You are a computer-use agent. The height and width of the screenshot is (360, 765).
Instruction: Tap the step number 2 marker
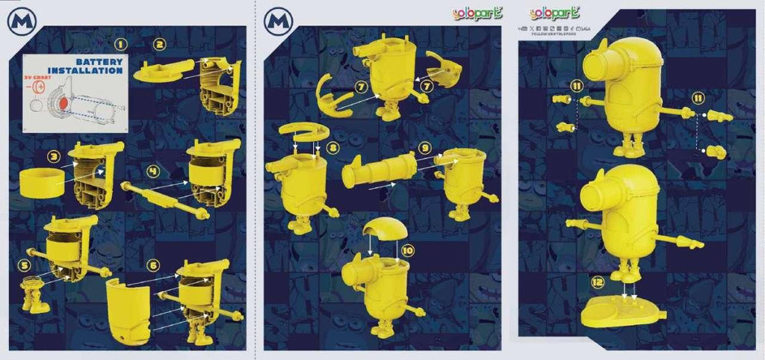pos(159,43)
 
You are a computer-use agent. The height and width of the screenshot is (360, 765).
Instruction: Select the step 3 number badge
pos(54,157)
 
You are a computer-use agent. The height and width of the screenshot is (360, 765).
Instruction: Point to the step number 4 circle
pos(153,171)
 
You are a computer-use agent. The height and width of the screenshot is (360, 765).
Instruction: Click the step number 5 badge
pos(25,264)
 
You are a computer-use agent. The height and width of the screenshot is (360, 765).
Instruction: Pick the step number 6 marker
pos(154,264)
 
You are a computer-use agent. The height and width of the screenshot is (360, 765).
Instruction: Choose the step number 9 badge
pos(424,148)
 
